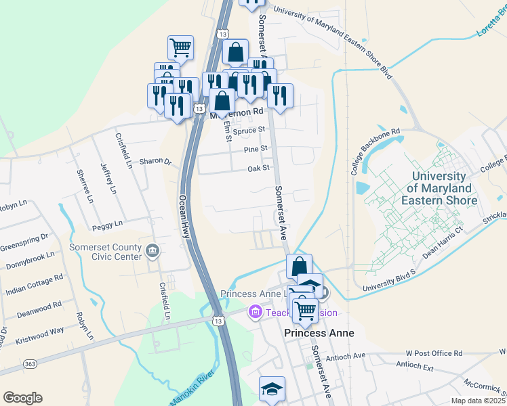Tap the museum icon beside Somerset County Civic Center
pyautogui.click(x=153, y=252)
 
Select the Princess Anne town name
pyautogui.click(x=310, y=333)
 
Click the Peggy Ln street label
pyautogui.click(x=108, y=223)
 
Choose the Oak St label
pyautogui.click(x=259, y=168)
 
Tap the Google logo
pyautogui.click(x=22, y=398)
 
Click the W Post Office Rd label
pyautogui.click(x=434, y=353)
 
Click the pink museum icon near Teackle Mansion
pyautogui.click(x=256, y=313)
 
